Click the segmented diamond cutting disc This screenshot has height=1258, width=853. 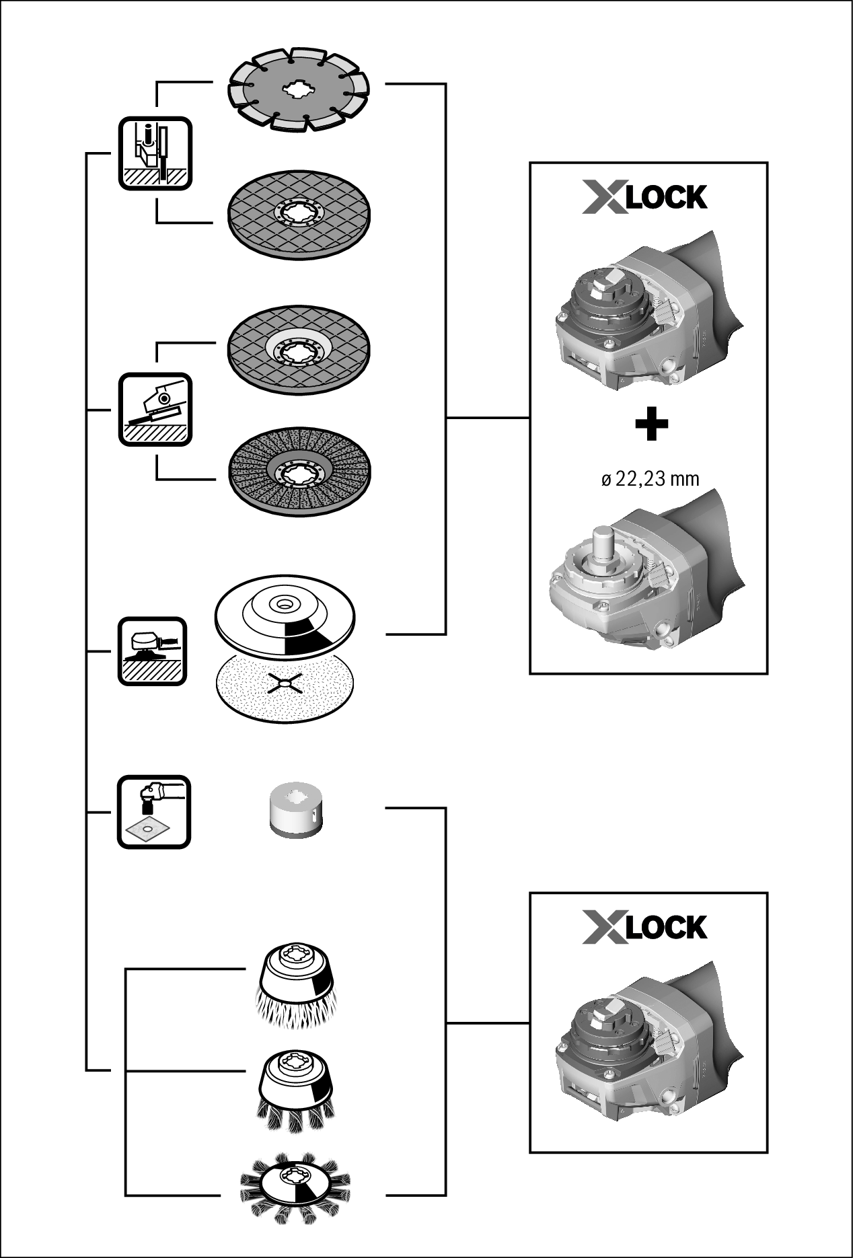[x=299, y=89]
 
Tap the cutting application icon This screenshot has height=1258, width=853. [x=155, y=154]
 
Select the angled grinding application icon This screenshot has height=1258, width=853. [x=155, y=410]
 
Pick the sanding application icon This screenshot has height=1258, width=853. [x=153, y=652]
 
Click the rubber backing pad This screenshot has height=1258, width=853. [x=286, y=616]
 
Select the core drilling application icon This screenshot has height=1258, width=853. [x=154, y=812]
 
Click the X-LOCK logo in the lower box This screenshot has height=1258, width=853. [x=644, y=928]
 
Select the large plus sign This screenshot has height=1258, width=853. [x=651, y=424]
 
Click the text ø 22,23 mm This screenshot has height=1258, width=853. [x=650, y=479]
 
